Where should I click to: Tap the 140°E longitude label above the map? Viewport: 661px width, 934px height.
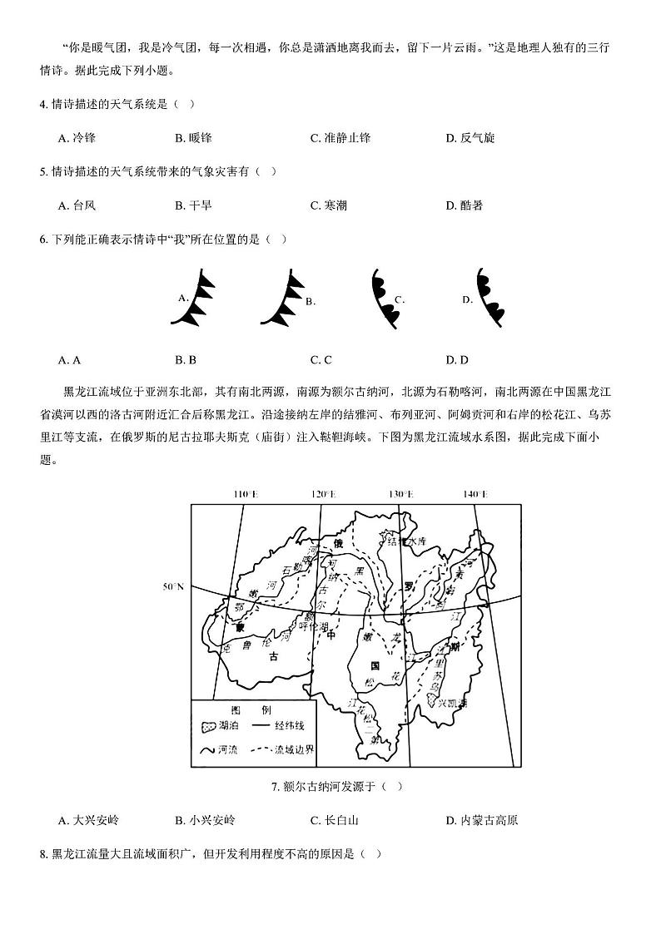point(475,494)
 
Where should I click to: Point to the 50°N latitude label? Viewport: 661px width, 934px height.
point(173,587)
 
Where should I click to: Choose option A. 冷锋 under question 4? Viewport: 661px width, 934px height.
point(77,138)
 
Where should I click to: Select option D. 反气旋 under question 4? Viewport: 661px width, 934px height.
point(470,138)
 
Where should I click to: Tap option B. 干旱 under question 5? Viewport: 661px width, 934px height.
point(193,205)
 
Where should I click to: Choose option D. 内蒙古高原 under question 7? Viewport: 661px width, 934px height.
point(482,821)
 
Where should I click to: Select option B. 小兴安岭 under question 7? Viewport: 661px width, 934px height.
point(205,821)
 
